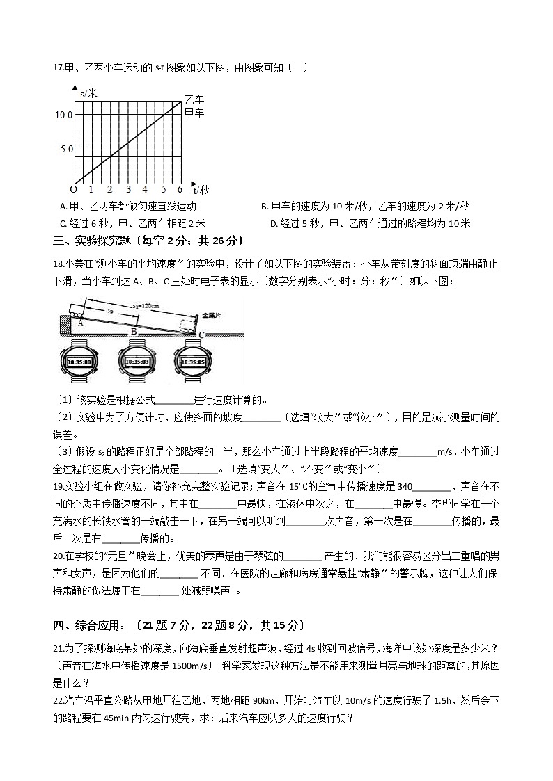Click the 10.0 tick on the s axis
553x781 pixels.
tap(63, 115)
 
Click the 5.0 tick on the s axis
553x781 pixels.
tap(66, 149)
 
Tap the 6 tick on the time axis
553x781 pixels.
tap(180, 189)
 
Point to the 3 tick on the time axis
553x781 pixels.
tap(127, 189)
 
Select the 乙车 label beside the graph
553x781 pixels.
tap(194, 100)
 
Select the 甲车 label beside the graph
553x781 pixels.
tap(194, 113)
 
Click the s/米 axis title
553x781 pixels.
tap(88, 93)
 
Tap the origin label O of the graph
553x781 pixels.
tap(73, 189)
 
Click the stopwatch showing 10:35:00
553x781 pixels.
tap(77, 362)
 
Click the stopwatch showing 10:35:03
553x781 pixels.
tap(134, 362)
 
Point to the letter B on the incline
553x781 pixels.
tap(133, 332)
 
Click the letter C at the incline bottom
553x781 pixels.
tap(201, 335)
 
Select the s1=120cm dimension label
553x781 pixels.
tap(146, 305)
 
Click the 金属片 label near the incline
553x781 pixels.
tap(212, 315)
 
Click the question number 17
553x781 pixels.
tap(58, 67)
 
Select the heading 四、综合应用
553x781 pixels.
tap(91, 625)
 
